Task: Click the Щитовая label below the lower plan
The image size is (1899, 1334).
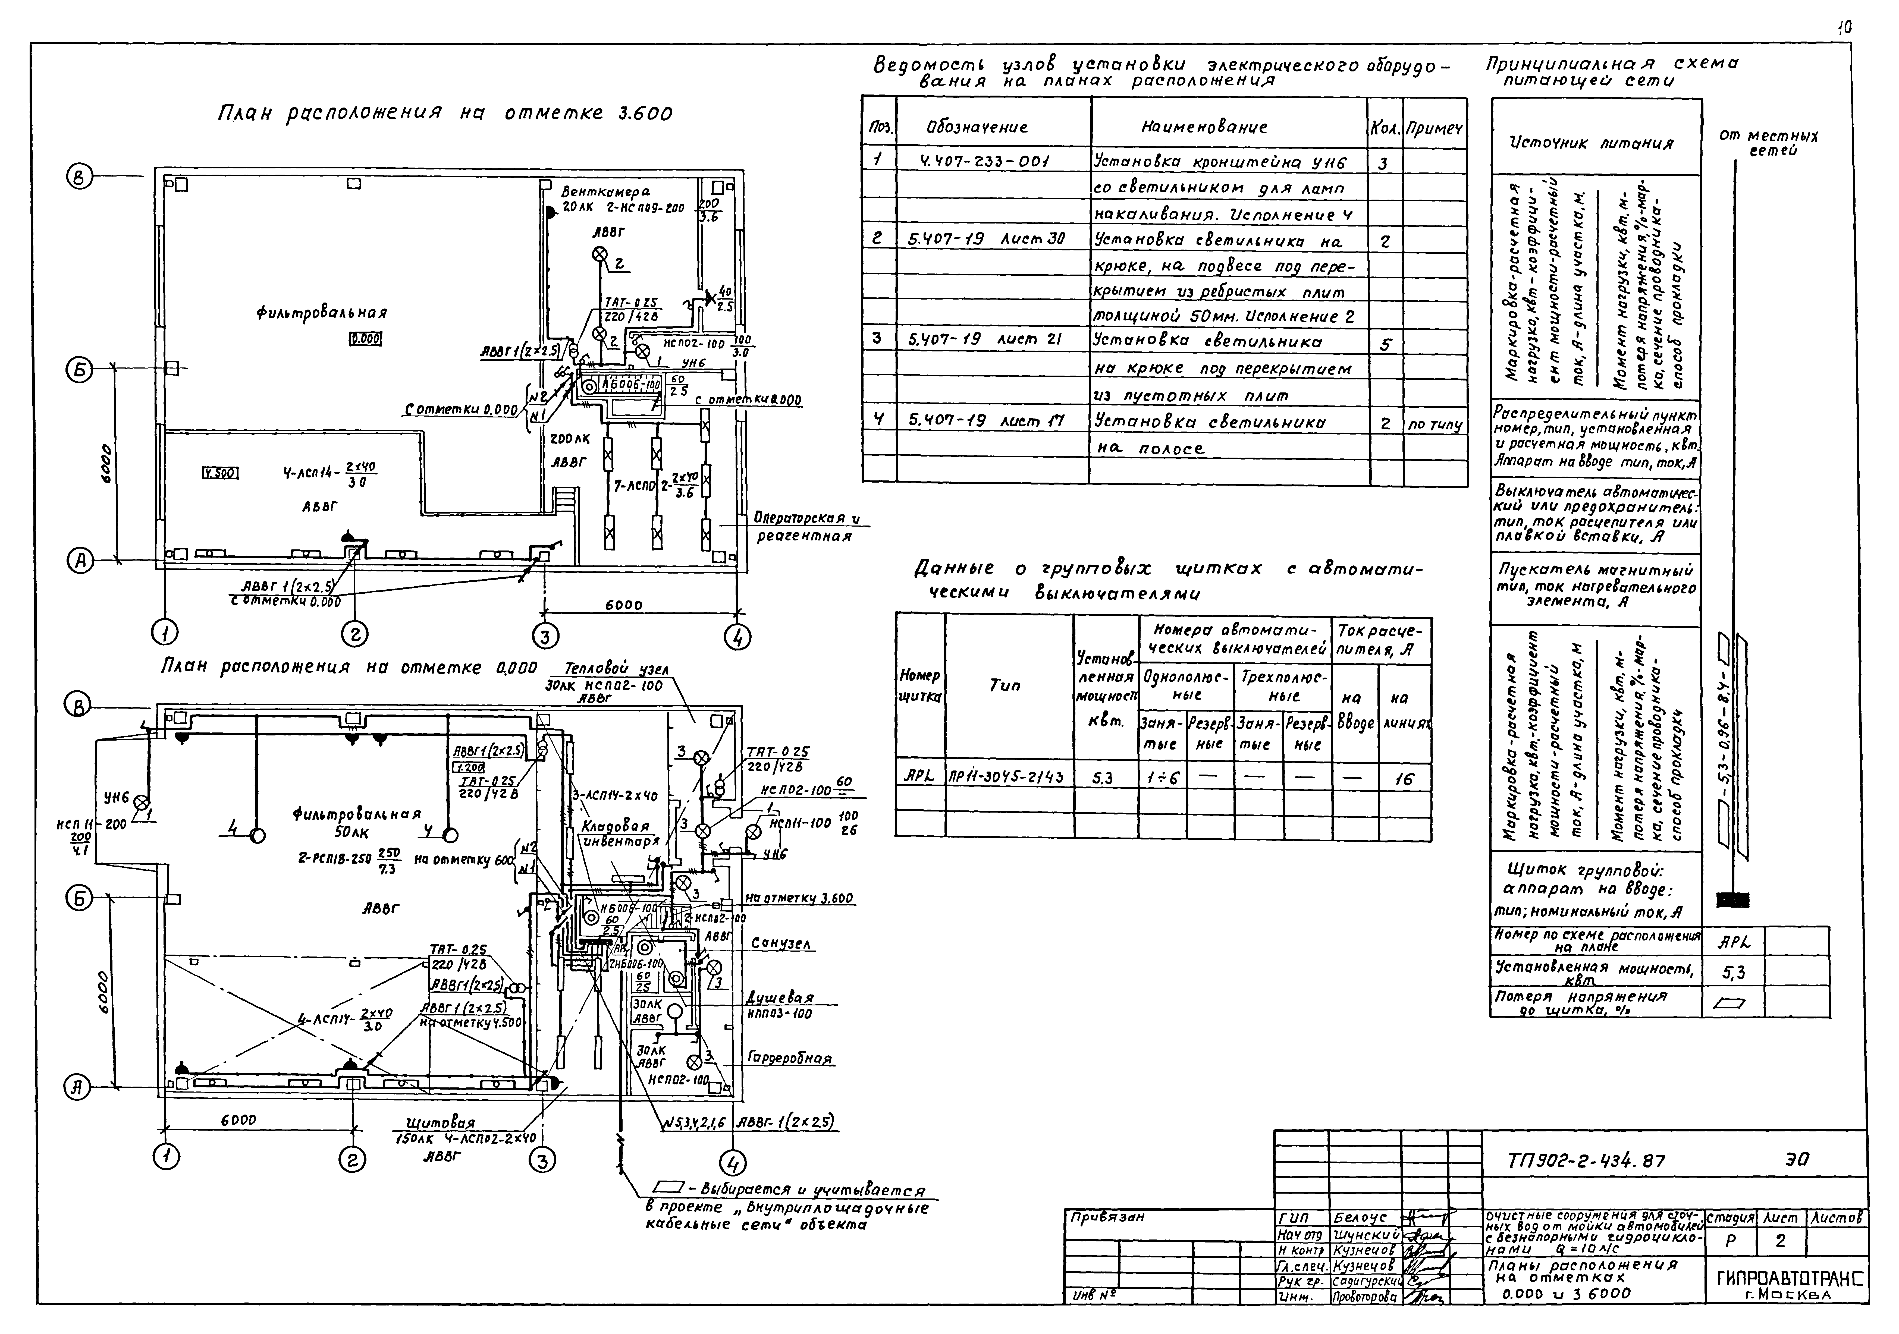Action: pyautogui.click(x=441, y=1123)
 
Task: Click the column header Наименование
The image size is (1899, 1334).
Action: pyautogui.click(x=1203, y=127)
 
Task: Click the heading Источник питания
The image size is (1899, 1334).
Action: pyautogui.click(x=1590, y=143)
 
